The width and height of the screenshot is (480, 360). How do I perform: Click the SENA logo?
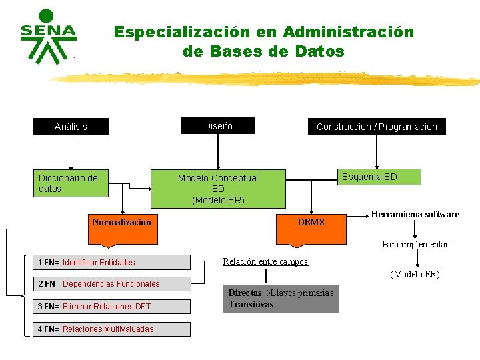[x=47, y=37]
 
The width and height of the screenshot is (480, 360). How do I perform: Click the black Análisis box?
[x=71, y=127]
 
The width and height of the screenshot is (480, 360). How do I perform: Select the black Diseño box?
[x=218, y=125]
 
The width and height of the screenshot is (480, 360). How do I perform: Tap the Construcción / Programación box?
[x=377, y=127]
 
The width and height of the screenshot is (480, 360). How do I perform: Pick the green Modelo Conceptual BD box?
[x=218, y=189]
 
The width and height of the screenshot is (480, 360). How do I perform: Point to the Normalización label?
[x=121, y=222]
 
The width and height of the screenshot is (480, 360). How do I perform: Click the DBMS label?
[x=311, y=222]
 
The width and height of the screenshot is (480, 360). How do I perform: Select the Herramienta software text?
[x=415, y=214]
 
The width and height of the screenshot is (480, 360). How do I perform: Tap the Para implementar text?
[x=415, y=244]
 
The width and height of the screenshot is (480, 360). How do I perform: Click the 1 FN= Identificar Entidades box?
[x=112, y=262]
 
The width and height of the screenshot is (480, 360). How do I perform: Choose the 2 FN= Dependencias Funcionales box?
[x=112, y=284]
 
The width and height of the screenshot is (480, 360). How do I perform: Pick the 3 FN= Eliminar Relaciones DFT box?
[x=112, y=307]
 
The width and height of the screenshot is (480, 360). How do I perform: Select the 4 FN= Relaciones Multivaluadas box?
[x=112, y=329]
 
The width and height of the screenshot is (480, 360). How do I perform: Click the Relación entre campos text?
[x=265, y=261]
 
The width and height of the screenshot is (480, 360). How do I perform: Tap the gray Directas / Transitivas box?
[x=281, y=299]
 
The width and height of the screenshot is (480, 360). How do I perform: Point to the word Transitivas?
[x=251, y=304]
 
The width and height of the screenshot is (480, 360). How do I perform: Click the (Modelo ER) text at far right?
[x=415, y=274]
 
